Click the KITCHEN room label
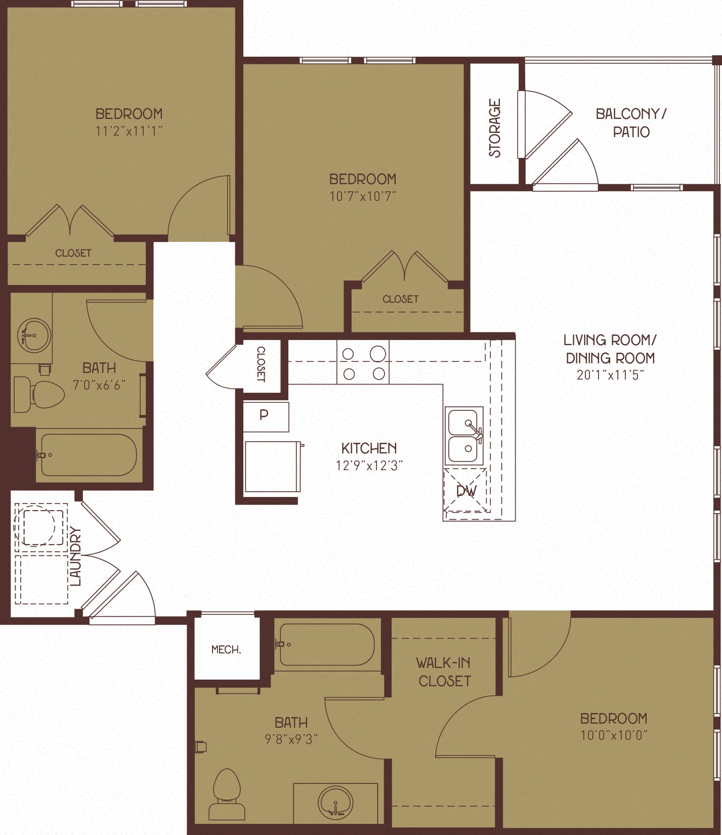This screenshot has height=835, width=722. coord(369,448)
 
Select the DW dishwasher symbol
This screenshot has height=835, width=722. coord(465,490)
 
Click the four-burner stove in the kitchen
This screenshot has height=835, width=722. coord(363,363)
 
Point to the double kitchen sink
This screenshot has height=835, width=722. coord(464,436)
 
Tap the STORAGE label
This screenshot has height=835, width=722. coord(495,128)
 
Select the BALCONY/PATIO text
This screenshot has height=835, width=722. coord(631,122)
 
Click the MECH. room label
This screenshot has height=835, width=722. coord(226,650)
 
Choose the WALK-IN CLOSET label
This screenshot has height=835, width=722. coord(444,672)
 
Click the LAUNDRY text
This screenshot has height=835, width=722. coord(76,556)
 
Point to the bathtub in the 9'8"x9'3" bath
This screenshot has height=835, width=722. coord(327,645)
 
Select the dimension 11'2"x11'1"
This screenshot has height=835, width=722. coord(129,131)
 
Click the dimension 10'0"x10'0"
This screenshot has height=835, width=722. coord(614,735)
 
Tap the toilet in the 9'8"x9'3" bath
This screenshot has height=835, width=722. coord(226,794)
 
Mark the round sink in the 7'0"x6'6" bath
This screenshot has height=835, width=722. coord(33,335)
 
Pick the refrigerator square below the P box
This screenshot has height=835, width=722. coord(272,467)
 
